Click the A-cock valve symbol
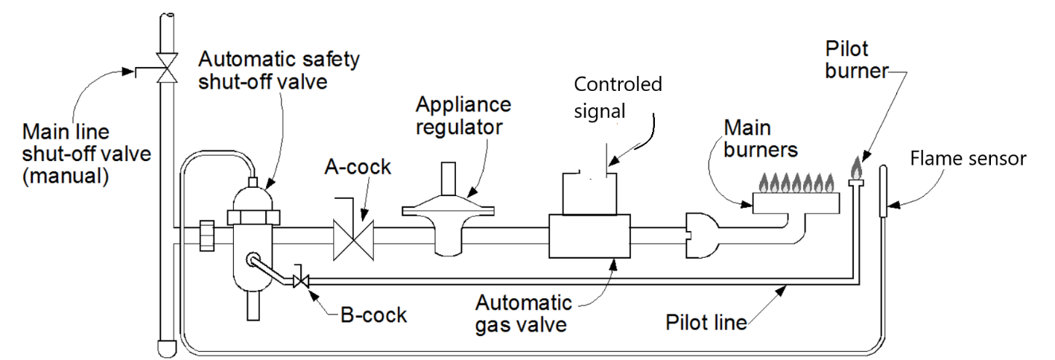[x=354, y=239]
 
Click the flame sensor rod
[x=883, y=190]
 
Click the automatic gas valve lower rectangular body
[x=589, y=236]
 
